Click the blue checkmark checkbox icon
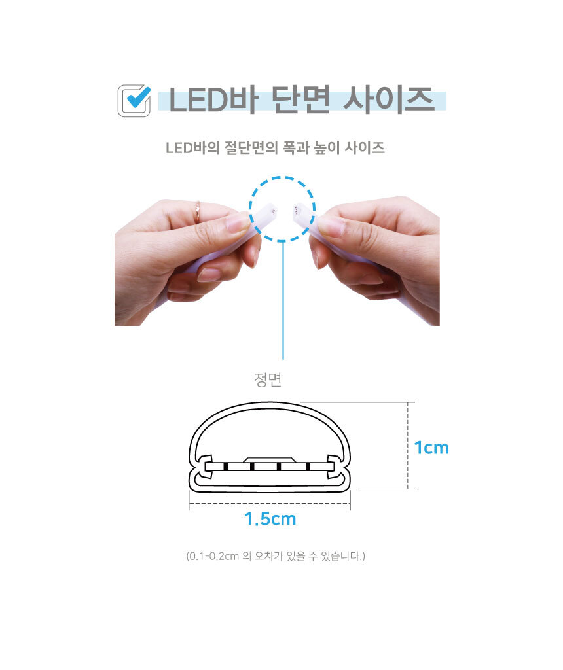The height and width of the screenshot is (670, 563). pos(134,101)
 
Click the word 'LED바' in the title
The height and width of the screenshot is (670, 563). pos(213,100)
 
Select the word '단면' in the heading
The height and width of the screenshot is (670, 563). pos(301,100)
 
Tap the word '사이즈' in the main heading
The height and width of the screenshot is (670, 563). pos(389,100)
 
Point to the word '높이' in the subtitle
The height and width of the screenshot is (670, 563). pos(327,149)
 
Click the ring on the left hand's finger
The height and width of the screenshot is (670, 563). pos(198,211)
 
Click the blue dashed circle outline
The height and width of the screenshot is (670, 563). pos(282,177)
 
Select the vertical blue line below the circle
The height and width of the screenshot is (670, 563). pos(283,300)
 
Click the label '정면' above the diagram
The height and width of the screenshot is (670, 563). pos(268,379)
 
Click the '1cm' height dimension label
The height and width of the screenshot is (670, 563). pos(432,448)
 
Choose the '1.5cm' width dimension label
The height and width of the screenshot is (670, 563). pos(270,519)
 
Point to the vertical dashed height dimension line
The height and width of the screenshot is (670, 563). pos(408,445)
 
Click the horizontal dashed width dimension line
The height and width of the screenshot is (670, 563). pos(270,503)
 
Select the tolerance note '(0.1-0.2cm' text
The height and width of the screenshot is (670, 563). pos(213,556)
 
